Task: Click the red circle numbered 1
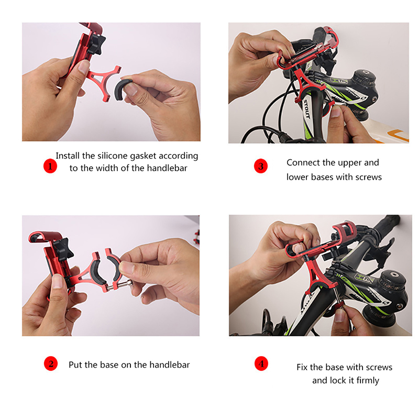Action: pos(50,166)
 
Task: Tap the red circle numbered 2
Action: pos(51,363)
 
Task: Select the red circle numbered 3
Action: pos(261,166)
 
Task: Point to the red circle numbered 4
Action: pos(261,363)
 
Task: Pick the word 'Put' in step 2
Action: pos(75,365)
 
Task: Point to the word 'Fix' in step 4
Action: pos(302,367)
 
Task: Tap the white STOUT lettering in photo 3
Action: pos(306,109)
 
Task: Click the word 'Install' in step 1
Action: pos(68,156)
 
